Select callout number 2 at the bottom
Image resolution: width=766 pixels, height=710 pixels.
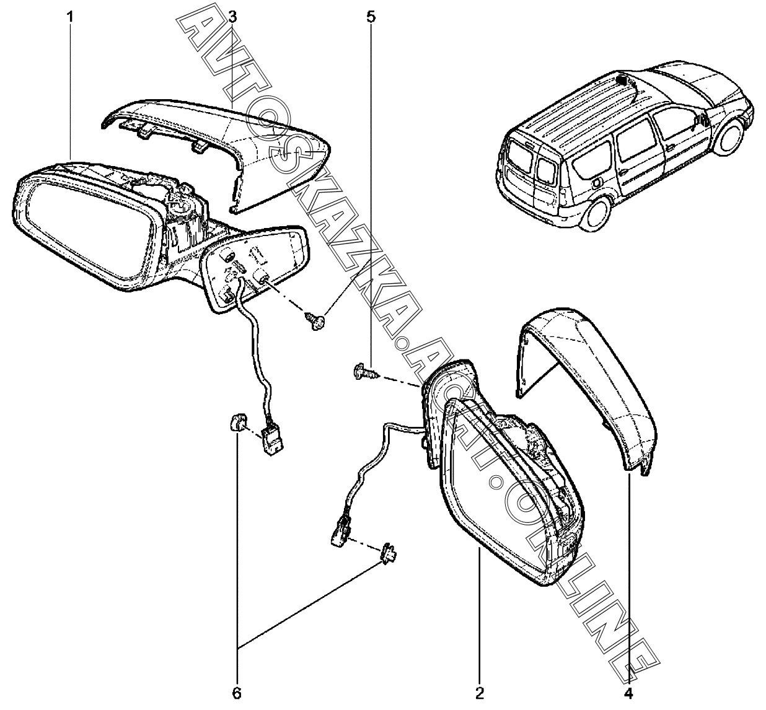click(x=480, y=692)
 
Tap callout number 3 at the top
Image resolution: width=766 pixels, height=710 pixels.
click(x=232, y=17)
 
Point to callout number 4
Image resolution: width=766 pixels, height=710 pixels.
click(x=628, y=692)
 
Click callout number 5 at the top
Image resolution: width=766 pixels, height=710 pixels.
click(x=371, y=17)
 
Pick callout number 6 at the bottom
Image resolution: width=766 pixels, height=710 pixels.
click(x=236, y=692)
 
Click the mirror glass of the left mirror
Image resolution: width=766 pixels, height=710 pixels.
click(x=81, y=229)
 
